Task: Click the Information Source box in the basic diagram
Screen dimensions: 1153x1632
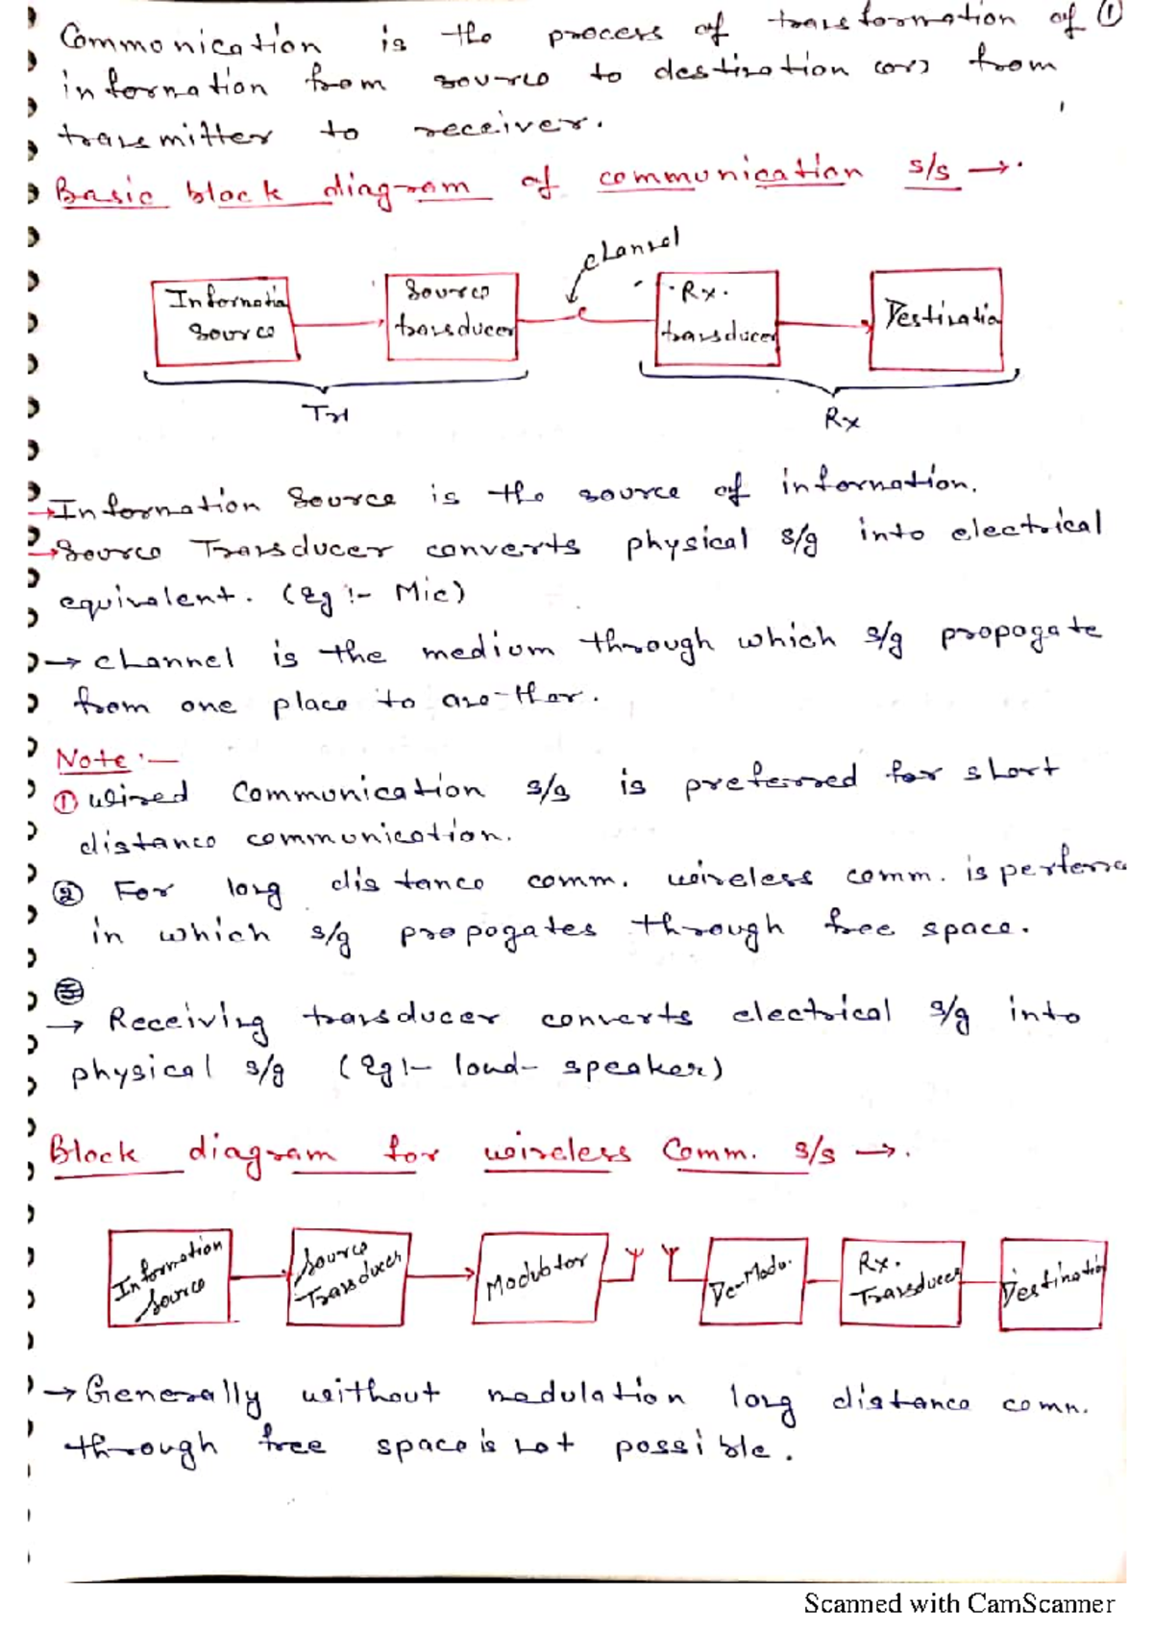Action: click(x=225, y=321)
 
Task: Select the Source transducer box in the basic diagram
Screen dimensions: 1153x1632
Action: click(x=451, y=316)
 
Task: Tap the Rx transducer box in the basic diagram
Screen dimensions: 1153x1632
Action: click(x=716, y=318)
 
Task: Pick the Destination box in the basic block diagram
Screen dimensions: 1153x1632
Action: click(x=936, y=319)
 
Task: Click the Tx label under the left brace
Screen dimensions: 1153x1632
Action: click(x=326, y=415)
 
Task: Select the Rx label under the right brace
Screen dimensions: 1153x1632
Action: click(x=842, y=419)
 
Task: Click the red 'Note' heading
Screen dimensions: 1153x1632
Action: click(x=92, y=759)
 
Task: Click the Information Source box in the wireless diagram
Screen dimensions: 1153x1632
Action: click(x=170, y=1277)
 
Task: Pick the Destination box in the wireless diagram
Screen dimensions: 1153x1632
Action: click(x=1052, y=1283)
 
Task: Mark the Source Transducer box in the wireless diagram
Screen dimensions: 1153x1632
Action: click(x=348, y=1276)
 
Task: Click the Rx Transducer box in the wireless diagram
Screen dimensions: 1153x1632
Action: click(x=901, y=1282)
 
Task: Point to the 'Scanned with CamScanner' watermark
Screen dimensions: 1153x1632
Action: click(x=958, y=1603)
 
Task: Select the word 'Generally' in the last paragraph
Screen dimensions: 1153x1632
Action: click(x=173, y=1393)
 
